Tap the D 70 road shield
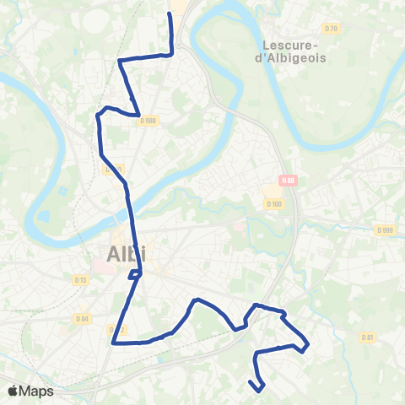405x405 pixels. tap(332, 30)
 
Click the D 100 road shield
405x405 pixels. tap(273, 203)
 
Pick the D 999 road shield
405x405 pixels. tap(385, 230)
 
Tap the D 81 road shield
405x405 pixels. tap(367, 337)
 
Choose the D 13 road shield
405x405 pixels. tap(80, 279)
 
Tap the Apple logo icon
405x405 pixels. tap(13, 391)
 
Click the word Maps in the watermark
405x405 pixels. tap(36, 391)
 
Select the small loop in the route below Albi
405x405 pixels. tap(135, 274)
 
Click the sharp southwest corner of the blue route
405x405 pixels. tap(113, 343)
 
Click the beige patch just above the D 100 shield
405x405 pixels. tap(272, 191)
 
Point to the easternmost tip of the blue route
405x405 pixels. tap(308, 344)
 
